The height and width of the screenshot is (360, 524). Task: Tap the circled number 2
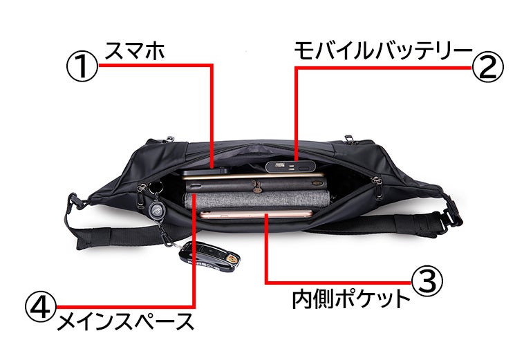click(488, 68)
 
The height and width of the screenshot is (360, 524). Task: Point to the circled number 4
click(40, 305)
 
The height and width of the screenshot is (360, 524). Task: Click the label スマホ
click(135, 50)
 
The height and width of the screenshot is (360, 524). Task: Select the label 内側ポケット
click(350, 299)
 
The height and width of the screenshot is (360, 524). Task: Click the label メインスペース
click(124, 321)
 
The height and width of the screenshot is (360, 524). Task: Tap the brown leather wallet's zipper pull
click(257, 185)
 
